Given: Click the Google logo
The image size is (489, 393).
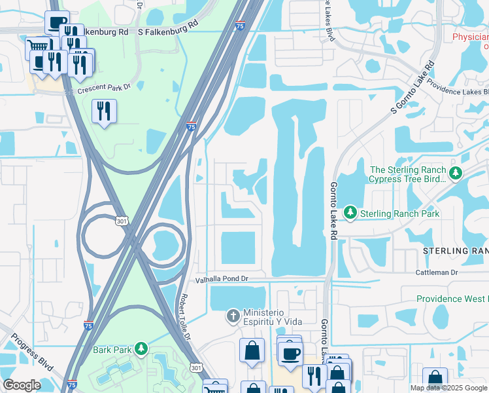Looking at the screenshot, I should (x=22, y=384).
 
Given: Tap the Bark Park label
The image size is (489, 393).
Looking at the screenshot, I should (x=112, y=350).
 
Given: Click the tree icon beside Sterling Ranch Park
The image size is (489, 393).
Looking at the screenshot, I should (x=351, y=214).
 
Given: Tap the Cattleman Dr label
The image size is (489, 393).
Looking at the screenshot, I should (x=437, y=272).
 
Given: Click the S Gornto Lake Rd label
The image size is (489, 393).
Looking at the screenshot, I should (x=413, y=88).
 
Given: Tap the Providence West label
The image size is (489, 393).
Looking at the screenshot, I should (x=452, y=299).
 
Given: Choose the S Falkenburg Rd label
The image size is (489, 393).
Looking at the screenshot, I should (x=167, y=31).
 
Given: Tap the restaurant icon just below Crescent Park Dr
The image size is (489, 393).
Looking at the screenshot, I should (x=104, y=111).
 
